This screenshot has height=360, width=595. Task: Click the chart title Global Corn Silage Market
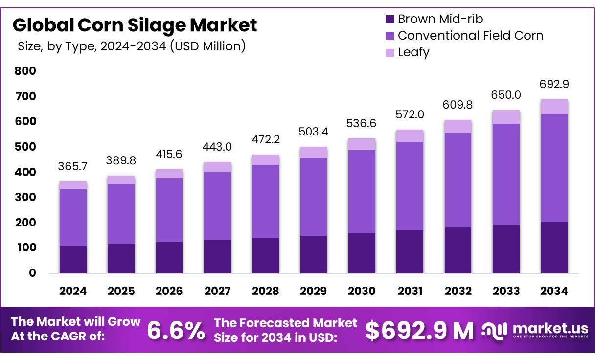coord(135,25)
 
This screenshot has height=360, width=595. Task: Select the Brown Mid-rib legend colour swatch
coord(389,20)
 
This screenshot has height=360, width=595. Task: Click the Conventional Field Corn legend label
coord(470,36)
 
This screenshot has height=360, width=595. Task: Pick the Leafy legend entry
coord(413,52)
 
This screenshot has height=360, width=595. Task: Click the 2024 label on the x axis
coord(73,292)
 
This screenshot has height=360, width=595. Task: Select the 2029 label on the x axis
coord(314,292)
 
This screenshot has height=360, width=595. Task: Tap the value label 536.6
coord(362,123)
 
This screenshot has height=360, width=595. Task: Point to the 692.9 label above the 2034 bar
coord(554,84)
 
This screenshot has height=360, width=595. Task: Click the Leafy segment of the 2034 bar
coord(554,107)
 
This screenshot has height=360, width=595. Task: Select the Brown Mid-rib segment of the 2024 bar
coord(73,259)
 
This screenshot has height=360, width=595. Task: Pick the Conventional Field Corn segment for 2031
coord(410,186)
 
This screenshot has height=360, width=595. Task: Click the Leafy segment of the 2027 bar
coord(217,167)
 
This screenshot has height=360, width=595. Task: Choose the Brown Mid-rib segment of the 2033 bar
coord(506,248)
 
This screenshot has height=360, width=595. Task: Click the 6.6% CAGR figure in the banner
coord(176,331)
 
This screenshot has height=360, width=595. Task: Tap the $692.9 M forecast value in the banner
coord(419,331)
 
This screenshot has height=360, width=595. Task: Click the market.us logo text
coord(549,327)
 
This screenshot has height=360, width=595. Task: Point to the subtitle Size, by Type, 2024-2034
coord(132,46)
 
